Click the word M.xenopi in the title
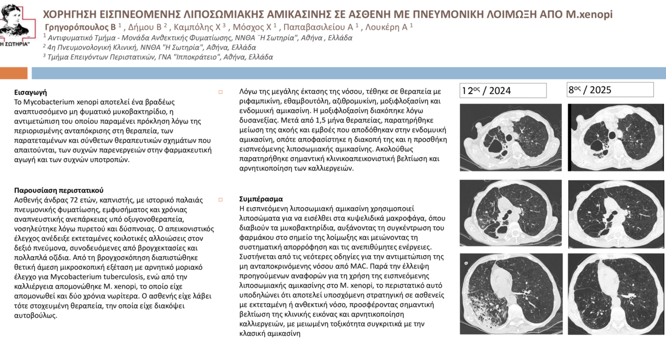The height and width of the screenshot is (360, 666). point(589,14)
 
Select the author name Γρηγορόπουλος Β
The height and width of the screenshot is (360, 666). point(80,27)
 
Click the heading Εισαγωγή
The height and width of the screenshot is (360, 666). point(31,92)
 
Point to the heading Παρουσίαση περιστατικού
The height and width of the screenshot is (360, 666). point(59,190)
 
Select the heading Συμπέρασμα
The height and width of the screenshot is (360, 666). point(261,199)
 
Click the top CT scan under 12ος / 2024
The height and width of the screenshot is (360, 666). point(511,137)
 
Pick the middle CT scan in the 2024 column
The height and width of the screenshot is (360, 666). point(511,213)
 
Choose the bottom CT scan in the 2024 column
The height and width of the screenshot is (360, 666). point(511,293)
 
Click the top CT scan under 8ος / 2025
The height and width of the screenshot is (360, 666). point(616,137)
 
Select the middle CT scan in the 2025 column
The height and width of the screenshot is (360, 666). point(616,213)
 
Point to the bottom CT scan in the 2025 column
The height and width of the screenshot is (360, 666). point(616,294)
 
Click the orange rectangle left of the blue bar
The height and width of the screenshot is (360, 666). point(13,73)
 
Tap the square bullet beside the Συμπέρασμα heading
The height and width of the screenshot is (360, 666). point(221,200)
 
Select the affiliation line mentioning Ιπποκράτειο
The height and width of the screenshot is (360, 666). point(158,57)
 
